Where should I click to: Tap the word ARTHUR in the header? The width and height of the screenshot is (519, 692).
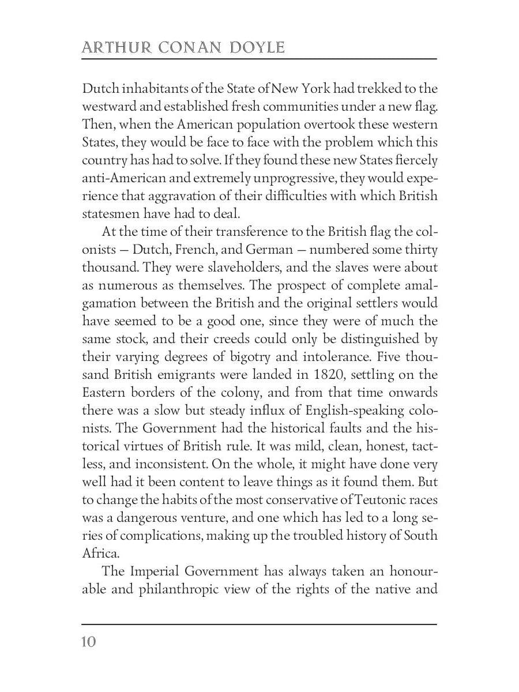point(112,47)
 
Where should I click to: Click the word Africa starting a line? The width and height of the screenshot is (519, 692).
point(100,553)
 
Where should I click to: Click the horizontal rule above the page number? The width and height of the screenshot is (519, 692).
point(259,623)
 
